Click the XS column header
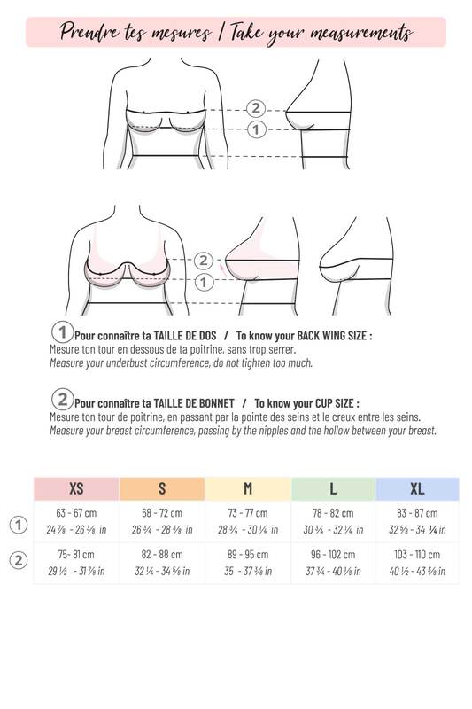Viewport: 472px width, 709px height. point(76,488)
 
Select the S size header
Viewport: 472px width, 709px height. point(162,488)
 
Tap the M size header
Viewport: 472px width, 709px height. point(248,488)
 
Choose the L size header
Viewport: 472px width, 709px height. point(333,488)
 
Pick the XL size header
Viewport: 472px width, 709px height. point(417,488)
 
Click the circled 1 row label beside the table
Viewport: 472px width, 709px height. point(19,525)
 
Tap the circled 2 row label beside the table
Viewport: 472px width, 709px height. point(19,561)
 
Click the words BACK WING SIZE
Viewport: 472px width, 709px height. point(334,336)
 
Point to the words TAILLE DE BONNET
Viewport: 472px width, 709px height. point(194,403)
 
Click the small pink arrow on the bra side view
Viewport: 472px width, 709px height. point(222,270)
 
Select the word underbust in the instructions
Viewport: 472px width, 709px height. point(127,363)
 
